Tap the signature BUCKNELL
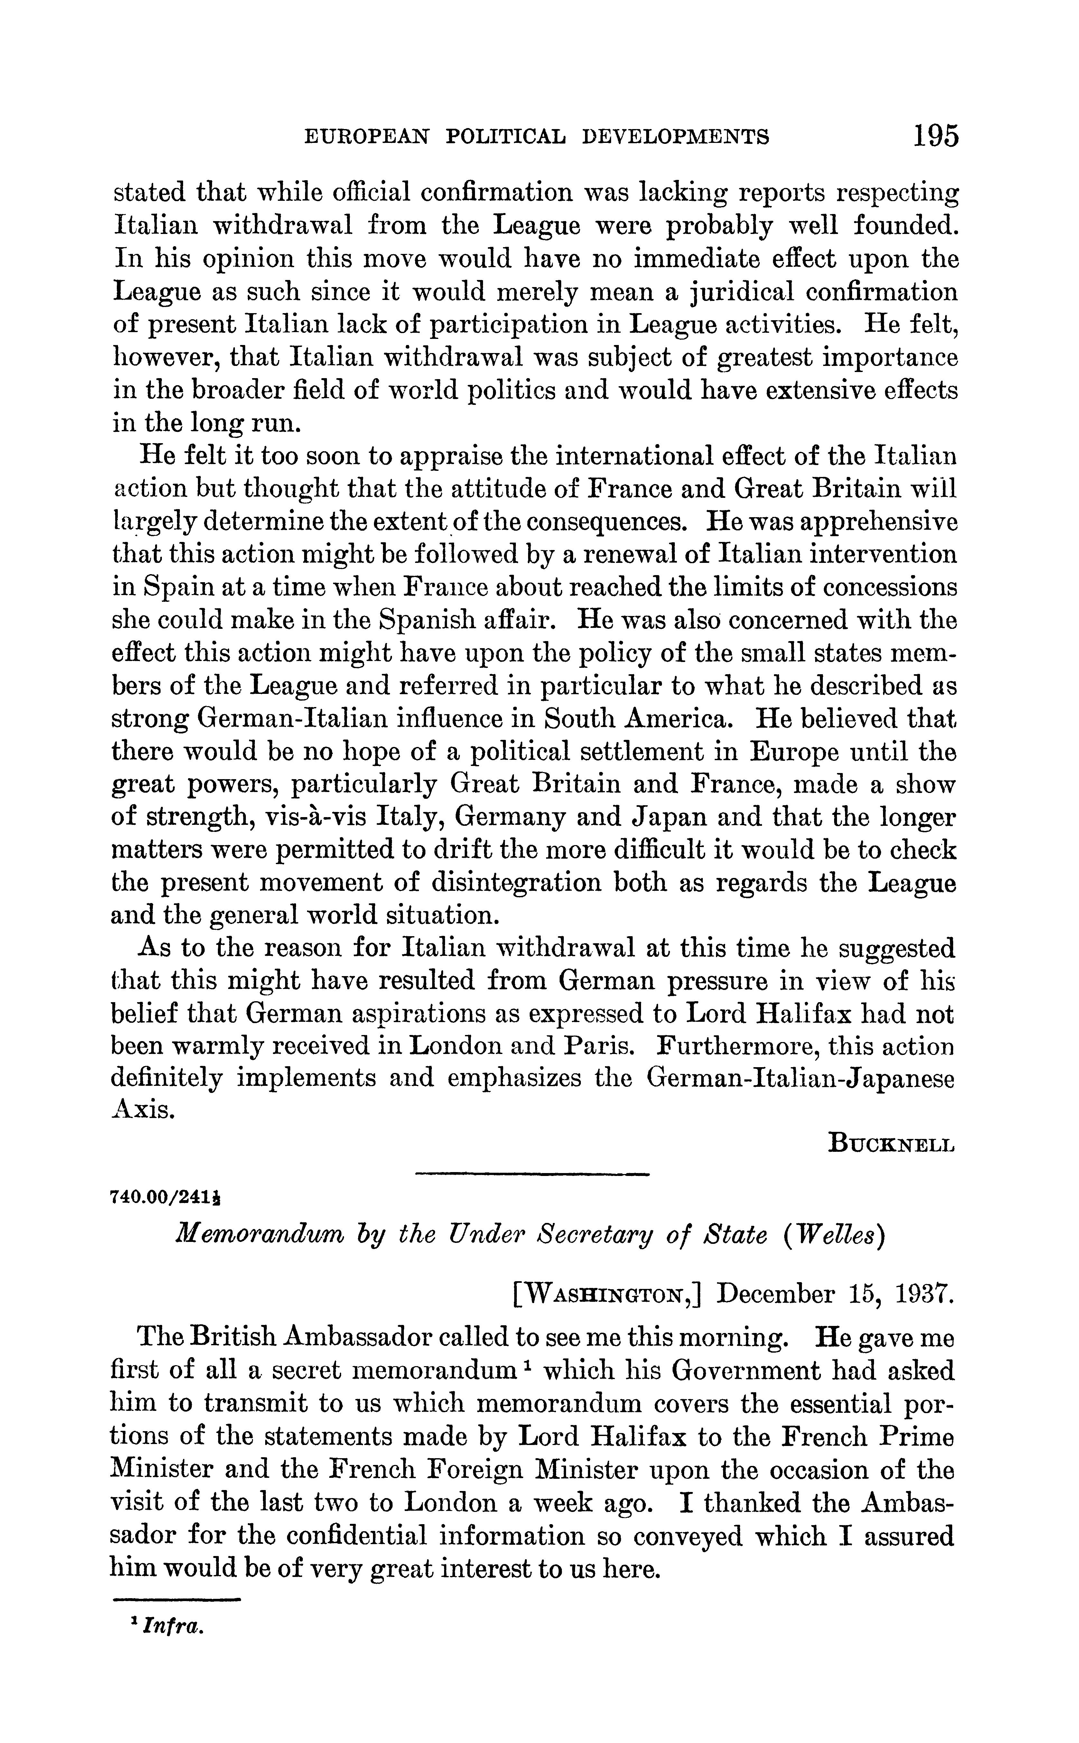point(891,1144)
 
